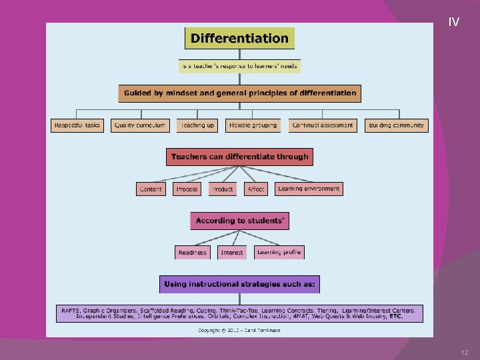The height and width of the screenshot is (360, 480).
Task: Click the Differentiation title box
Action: click(x=239, y=38)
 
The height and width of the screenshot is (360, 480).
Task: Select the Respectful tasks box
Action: click(x=77, y=125)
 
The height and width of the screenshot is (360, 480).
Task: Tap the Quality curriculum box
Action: click(x=140, y=125)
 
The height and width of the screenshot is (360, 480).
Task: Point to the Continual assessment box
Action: click(x=323, y=125)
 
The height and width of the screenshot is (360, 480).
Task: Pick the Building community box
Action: click(x=395, y=125)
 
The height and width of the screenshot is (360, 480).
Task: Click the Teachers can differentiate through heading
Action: click(x=239, y=157)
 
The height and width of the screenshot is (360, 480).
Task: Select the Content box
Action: click(x=151, y=189)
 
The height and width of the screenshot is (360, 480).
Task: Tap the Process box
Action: click(x=187, y=189)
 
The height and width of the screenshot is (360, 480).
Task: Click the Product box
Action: click(x=222, y=189)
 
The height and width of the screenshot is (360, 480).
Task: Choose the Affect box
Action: click(x=256, y=189)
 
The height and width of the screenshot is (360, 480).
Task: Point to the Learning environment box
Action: click(x=309, y=189)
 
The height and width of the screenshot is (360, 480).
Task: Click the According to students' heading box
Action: click(x=239, y=221)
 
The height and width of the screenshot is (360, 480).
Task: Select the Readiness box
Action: click(x=192, y=253)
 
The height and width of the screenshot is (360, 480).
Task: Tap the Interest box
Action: click(x=232, y=253)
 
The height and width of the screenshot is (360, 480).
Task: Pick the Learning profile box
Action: click(x=279, y=252)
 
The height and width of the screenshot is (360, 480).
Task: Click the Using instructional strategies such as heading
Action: click(x=239, y=284)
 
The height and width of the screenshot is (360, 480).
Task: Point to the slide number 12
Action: click(x=465, y=352)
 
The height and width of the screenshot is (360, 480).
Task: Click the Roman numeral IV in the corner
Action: click(x=454, y=23)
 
